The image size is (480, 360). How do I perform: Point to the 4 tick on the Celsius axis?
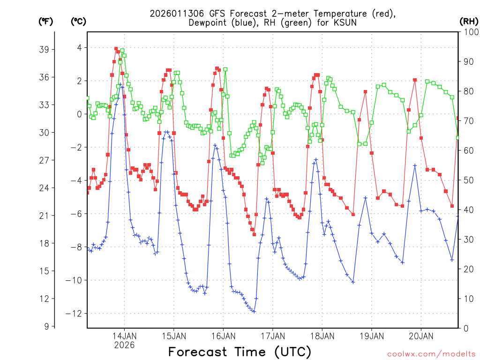[x=79, y=48]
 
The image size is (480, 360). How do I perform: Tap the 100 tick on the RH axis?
[x=470, y=32]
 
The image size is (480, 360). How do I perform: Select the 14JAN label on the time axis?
[x=124, y=336]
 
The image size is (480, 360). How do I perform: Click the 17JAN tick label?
[x=272, y=336]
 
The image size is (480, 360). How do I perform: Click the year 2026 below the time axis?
[x=124, y=345]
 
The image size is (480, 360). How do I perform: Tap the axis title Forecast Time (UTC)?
[x=240, y=352]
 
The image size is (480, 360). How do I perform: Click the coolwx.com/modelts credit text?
[x=431, y=353]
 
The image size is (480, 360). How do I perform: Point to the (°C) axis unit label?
[x=79, y=21]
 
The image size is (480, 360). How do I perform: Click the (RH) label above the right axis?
[x=469, y=21]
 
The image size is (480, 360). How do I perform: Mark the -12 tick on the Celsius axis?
[x=75, y=314]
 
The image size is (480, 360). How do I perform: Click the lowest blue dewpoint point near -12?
[x=254, y=311]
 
